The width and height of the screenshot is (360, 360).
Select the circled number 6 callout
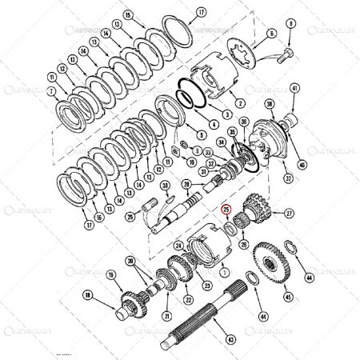coord(271,34)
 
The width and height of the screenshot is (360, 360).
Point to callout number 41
coord(294,88)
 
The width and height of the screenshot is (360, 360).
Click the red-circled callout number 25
coord(226,210)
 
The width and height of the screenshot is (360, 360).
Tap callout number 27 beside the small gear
coord(289,213)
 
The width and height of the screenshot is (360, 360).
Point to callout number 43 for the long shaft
coord(230,341)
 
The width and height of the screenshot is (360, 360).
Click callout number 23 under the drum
coord(206,286)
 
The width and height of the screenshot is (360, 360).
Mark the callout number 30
coord(166,187)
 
